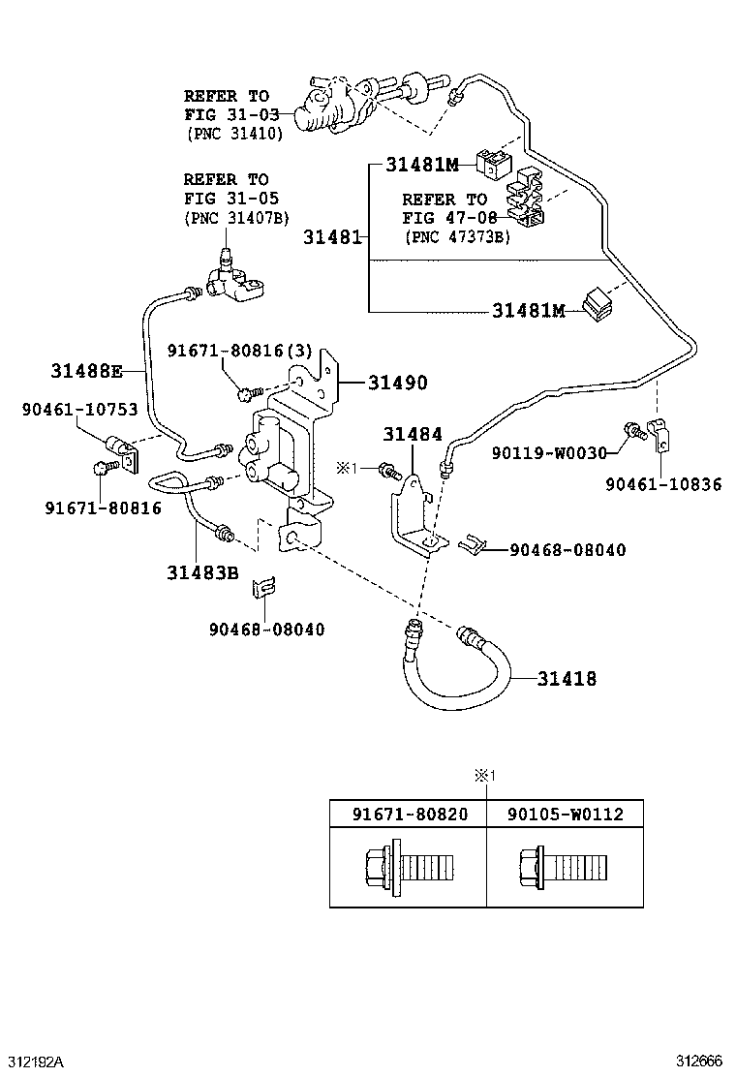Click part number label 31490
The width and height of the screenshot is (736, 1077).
coord(397,384)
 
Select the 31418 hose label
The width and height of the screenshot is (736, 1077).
coord(567,679)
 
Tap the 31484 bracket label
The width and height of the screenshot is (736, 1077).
coord(412,437)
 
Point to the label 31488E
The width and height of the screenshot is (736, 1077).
coord(87,370)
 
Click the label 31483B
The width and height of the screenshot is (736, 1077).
coord(201,572)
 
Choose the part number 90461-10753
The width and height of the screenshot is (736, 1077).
coord(80,410)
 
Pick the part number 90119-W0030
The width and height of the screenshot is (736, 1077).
coord(548,452)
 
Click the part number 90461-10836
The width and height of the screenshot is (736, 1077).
coord(663,483)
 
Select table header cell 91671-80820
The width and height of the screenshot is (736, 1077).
coord(408,815)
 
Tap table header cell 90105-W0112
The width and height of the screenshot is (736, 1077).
coord(565,815)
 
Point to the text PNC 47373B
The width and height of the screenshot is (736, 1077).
coord(456,236)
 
